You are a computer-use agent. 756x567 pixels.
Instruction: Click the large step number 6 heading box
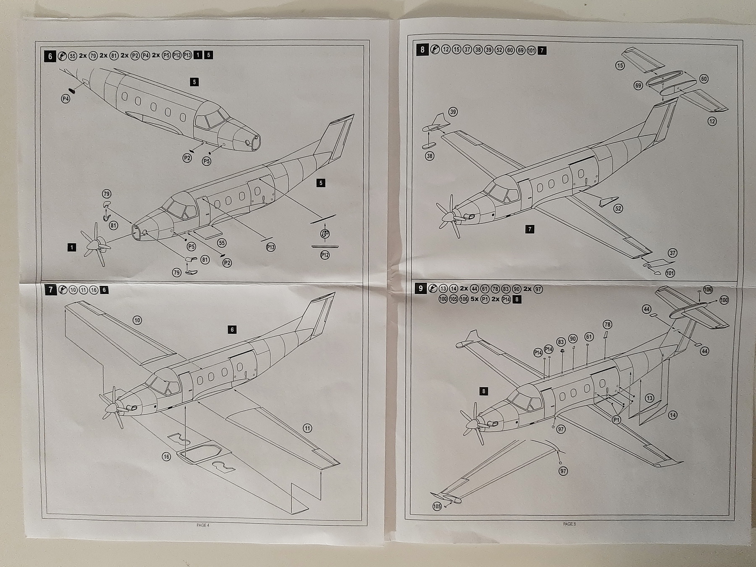pos(50,55)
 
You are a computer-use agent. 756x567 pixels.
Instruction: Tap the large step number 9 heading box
pos(420,288)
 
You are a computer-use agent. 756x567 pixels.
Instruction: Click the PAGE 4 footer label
pos(202,525)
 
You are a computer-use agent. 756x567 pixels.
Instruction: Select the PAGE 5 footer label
pos(569,524)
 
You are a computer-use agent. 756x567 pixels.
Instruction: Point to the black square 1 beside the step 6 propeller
pos(72,247)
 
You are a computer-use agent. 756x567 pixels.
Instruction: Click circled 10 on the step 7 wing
pos(137,320)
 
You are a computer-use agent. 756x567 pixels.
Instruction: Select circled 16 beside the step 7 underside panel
pos(167,456)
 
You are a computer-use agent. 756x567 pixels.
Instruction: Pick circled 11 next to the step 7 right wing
pos(307,428)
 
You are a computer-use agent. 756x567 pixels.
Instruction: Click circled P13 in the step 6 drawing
pos(270,247)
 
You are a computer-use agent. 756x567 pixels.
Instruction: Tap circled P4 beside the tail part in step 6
pos(66,99)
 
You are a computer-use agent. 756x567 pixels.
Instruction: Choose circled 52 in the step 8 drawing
pos(618,208)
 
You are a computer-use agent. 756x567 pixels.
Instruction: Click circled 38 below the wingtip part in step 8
pos(430,156)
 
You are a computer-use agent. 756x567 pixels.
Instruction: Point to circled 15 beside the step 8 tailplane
pos(620,66)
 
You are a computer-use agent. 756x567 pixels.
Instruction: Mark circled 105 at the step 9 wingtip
pos(437,506)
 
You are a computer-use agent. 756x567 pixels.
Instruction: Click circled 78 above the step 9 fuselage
pos(607,324)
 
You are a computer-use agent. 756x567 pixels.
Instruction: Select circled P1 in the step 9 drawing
pos(616,420)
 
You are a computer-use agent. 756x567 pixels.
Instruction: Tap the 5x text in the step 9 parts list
pos(475,299)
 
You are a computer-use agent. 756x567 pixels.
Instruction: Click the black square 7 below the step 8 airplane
pos(530,229)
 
